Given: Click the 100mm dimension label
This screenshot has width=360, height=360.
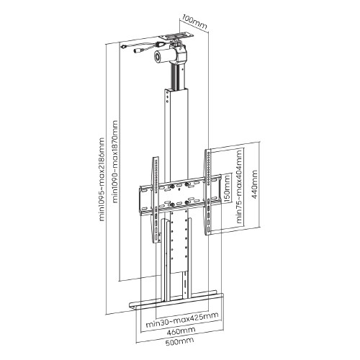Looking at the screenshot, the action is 194,22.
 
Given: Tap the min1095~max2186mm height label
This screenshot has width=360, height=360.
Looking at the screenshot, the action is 102,179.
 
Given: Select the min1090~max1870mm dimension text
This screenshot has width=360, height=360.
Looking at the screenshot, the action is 115,162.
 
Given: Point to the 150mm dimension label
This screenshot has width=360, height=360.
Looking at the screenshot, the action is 227,188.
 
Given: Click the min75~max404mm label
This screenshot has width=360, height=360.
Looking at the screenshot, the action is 239,186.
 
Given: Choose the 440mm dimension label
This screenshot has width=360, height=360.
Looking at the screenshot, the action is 255,184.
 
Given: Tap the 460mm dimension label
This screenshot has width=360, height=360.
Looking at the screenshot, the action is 181,331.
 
